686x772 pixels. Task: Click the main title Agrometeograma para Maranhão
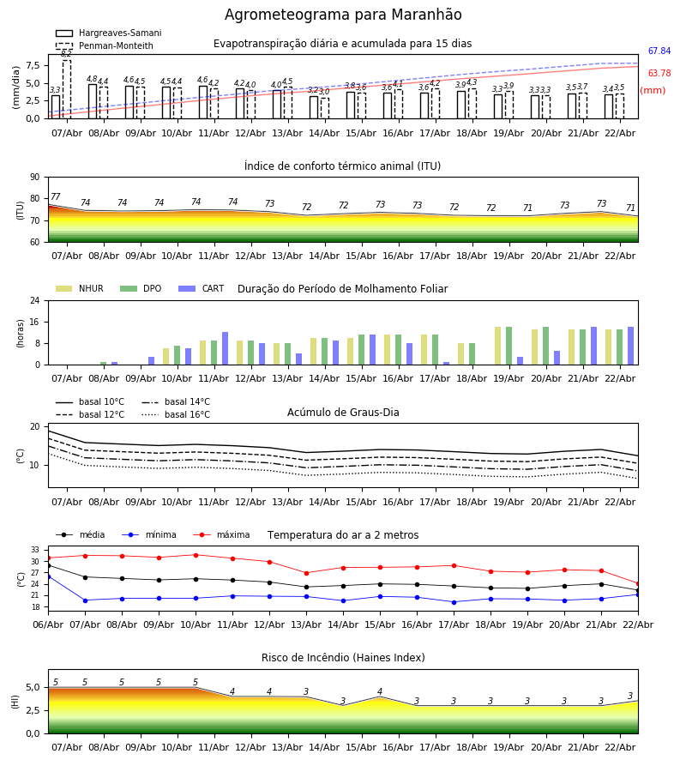[x=343, y=15]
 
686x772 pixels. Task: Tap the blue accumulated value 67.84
[x=659, y=51]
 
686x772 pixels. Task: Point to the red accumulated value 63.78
[x=659, y=74]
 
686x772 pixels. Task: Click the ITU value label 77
[x=56, y=197]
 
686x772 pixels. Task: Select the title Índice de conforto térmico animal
[x=343, y=166]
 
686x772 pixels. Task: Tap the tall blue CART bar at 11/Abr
[x=225, y=348]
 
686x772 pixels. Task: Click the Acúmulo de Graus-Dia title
[x=343, y=413]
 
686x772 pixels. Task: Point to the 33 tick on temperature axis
[x=35, y=550]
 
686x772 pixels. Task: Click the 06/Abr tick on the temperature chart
[x=48, y=624]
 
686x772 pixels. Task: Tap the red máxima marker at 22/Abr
[x=638, y=583]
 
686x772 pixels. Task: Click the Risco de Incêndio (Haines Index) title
[x=343, y=658]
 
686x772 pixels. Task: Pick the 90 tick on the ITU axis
[x=35, y=178]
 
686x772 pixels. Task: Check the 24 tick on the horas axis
[x=35, y=301]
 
